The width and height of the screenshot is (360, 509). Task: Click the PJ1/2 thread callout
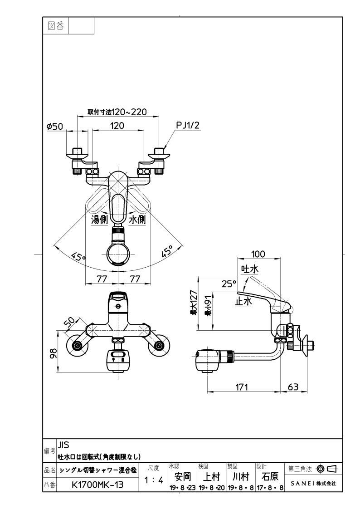coord(188,125)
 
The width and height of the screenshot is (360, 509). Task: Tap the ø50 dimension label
coord(54,126)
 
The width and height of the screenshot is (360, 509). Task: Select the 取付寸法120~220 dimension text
coord(117,112)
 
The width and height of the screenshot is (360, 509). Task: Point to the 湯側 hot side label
coord(99,220)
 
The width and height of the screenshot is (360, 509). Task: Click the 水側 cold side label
coord(137,220)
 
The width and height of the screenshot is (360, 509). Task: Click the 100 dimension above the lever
coord(258,254)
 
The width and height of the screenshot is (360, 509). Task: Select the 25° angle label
coord(229,284)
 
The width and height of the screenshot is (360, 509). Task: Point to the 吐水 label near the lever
coord(249,269)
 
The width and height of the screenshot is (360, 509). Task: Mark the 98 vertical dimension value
coord(53,353)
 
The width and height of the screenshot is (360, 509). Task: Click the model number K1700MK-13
coord(97,485)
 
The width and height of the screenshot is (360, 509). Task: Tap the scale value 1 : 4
coord(153,480)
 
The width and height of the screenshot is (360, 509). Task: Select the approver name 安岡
coord(183,476)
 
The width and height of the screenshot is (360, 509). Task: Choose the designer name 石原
coord(270,476)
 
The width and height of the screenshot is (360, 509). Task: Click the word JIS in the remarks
coord(64,445)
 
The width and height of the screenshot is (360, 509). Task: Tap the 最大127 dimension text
coord(194,303)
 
